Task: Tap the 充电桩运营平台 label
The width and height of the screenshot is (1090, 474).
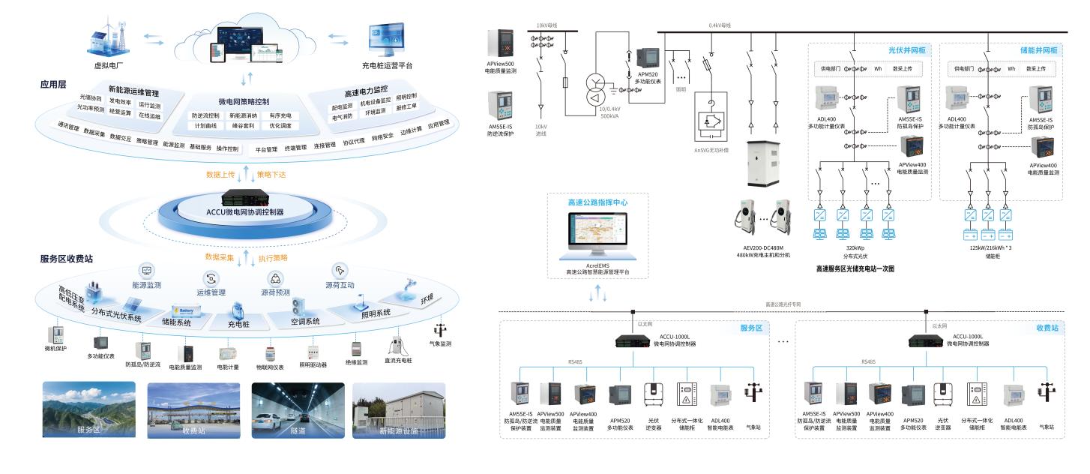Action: pyautogui.click(x=387, y=65)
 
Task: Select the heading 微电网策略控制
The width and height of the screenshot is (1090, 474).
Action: pyautogui.click(x=244, y=101)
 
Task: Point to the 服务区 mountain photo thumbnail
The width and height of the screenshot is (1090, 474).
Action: pyautogui.click(x=88, y=410)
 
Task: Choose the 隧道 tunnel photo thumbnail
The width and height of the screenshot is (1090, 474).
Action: pyautogui.click(x=298, y=410)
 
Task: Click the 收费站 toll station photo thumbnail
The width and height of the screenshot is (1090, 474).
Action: pyautogui.click(x=193, y=410)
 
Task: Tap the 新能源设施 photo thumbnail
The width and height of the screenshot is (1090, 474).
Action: pyautogui.click(x=399, y=410)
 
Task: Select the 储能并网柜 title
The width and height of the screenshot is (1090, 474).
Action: pyautogui.click(x=1039, y=50)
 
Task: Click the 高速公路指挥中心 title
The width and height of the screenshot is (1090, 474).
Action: pyautogui.click(x=597, y=202)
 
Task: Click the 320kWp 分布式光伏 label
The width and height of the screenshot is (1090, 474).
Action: pyautogui.click(x=855, y=250)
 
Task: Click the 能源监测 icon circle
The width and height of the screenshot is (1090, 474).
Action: pyautogui.click(x=147, y=270)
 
